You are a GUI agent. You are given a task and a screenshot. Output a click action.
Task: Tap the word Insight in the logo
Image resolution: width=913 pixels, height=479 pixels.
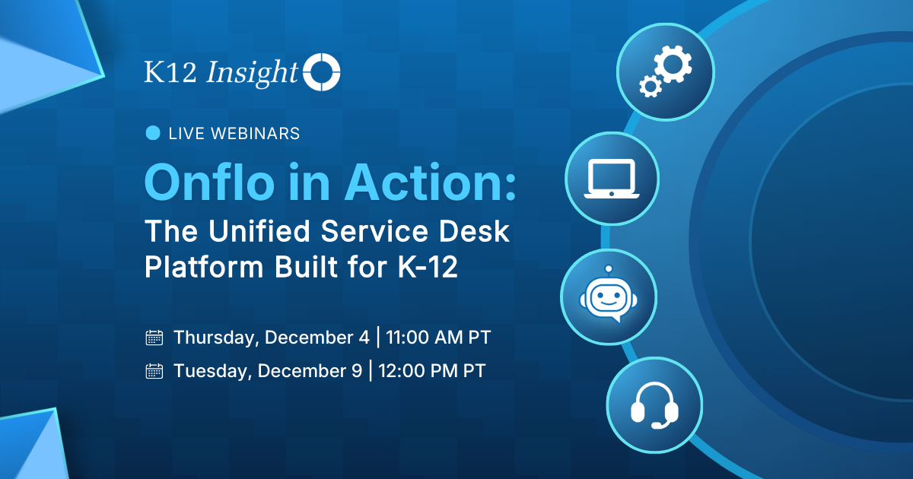coord(252,72)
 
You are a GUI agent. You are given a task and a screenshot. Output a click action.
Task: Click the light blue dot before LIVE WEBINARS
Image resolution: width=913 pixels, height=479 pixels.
coord(153,133)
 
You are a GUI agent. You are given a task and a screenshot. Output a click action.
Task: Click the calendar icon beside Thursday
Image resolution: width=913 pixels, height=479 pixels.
coord(154,338)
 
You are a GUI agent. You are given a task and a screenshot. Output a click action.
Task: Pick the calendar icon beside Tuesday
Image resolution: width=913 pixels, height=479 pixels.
coord(154,371)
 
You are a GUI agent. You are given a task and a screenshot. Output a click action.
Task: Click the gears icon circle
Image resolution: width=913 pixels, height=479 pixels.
coord(663,71)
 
